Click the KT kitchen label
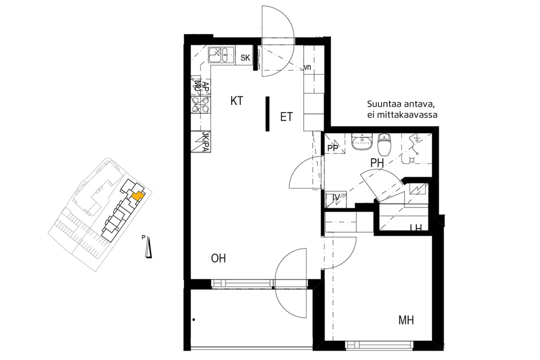[237, 101]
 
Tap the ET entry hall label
[286, 117]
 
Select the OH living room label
[218, 258]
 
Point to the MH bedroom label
[406, 320]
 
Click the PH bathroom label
[377, 163]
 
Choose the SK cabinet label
[245, 58]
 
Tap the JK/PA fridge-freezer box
[201, 141]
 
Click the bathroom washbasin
[361, 141]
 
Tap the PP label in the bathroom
[333, 148]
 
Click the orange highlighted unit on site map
[137, 196]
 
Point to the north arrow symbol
[148, 248]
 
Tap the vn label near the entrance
[307, 67]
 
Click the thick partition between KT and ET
[267, 114]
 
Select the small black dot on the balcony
[194, 319]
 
